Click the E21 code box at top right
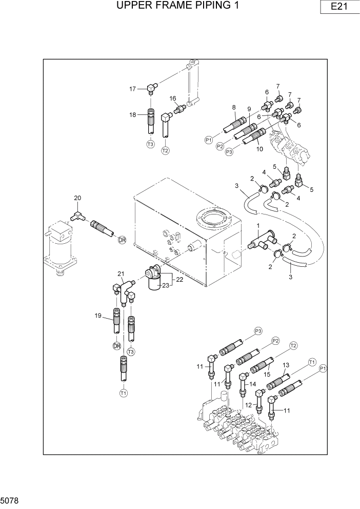point(336,7)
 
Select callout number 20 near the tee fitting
point(77,199)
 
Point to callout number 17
point(132,89)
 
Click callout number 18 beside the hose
point(133,115)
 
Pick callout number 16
point(173,99)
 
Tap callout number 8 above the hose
point(233,107)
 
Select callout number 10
point(259,149)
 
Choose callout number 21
point(122,273)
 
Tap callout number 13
point(286,365)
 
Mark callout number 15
point(267,375)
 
